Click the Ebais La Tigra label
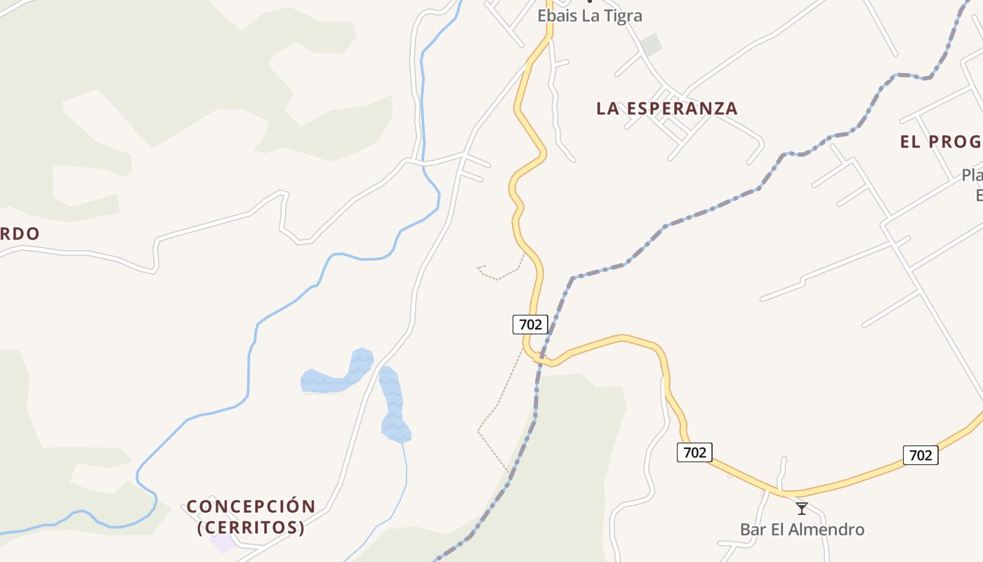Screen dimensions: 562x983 [589, 15]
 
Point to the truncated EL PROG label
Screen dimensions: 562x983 [941, 141]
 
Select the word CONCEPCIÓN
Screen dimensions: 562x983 [251, 507]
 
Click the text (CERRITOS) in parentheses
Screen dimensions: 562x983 [251, 527]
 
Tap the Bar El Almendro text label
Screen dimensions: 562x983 [802, 529]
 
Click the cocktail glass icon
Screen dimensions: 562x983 [802, 508]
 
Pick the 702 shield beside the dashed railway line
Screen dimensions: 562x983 [530, 324]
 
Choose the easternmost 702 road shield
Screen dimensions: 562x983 [920, 455]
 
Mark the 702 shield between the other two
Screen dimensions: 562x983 [694, 452]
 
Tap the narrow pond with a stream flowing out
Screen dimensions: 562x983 [394, 406]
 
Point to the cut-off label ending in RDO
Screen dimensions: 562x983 [20, 233]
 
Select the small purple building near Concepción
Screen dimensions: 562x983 [224, 542]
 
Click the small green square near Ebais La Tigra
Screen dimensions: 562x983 [651, 44]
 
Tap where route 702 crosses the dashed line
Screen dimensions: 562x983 [541, 358]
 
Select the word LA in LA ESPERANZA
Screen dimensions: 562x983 [607, 108]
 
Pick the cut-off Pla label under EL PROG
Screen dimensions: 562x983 [972, 175]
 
